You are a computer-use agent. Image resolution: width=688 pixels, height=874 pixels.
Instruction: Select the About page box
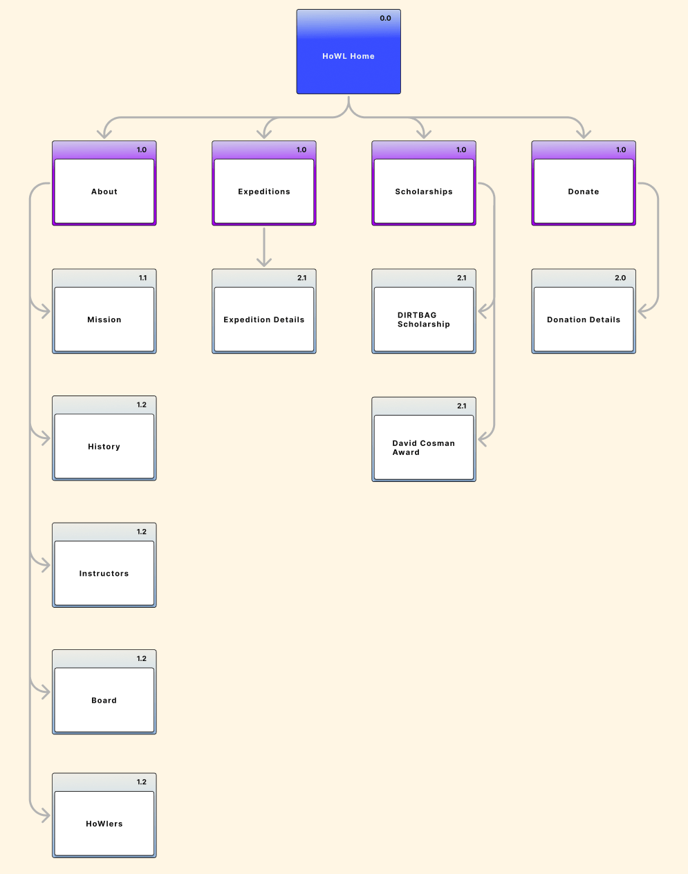coord(104,192)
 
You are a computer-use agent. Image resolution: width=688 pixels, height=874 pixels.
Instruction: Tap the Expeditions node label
coord(264,192)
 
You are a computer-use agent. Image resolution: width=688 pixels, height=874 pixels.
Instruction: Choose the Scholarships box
coord(424,192)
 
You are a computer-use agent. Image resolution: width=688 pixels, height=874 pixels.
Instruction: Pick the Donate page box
coord(584,192)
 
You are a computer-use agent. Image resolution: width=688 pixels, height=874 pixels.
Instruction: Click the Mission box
coord(104,319)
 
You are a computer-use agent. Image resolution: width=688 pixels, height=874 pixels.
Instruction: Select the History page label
coord(104,447)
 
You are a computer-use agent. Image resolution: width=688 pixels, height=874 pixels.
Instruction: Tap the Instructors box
coord(104,573)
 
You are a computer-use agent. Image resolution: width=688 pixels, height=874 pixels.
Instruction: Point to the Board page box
coord(104,700)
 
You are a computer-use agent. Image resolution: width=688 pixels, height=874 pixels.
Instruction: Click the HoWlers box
coord(104,824)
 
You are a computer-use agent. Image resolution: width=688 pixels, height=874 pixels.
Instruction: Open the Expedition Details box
coord(264,319)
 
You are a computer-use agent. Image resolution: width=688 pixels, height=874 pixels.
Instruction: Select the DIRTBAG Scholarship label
coord(424,319)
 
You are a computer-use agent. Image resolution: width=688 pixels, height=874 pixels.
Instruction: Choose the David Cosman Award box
coord(424,447)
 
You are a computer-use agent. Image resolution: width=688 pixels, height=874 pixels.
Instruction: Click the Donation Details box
coord(584,319)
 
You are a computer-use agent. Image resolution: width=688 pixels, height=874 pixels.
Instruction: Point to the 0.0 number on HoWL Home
coord(385,19)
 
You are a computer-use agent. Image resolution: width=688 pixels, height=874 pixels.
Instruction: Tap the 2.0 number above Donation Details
coord(620,278)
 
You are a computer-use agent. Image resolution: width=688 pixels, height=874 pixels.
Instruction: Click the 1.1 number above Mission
coord(142,278)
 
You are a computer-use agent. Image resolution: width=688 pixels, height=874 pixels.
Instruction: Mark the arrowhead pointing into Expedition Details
coord(264,261)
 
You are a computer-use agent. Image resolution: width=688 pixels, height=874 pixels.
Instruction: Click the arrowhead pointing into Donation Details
coord(643,312)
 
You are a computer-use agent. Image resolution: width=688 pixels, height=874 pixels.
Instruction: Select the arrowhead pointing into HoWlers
coord(45,816)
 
